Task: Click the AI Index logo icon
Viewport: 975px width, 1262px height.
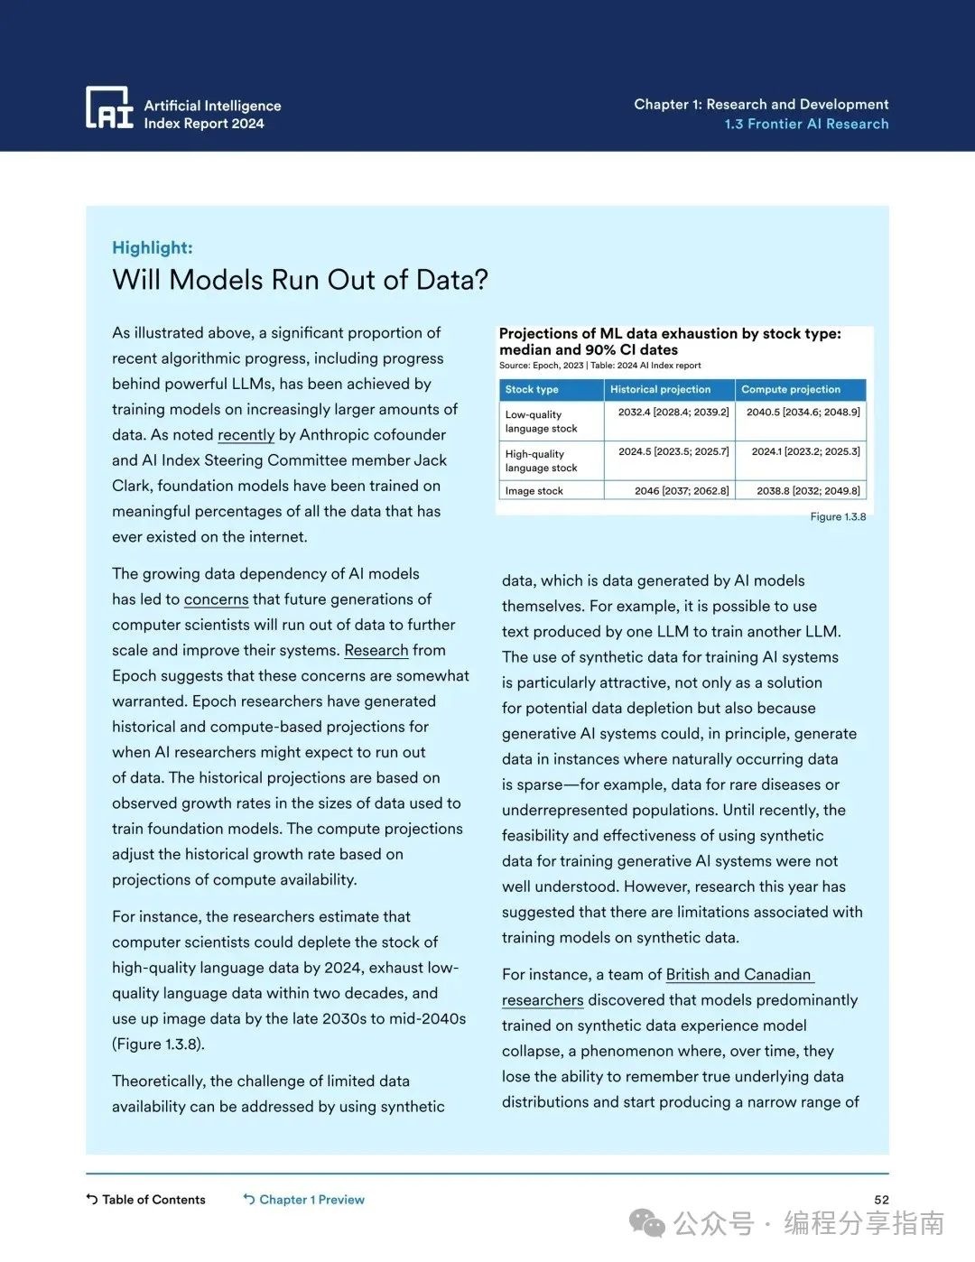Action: click(108, 107)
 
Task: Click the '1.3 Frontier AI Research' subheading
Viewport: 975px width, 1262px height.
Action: click(806, 125)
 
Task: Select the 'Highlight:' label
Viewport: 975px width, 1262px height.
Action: click(153, 248)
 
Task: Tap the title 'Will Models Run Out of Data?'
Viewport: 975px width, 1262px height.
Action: click(300, 280)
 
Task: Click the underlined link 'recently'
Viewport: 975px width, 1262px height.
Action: click(246, 435)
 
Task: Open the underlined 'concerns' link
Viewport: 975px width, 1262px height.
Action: click(216, 599)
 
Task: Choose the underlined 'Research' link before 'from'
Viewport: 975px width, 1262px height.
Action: click(376, 650)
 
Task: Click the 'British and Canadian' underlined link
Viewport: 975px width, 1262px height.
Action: click(738, 975)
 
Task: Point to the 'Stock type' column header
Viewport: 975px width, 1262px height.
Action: click(532, 390)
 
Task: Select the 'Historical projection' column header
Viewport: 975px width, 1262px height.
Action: click(660, 390)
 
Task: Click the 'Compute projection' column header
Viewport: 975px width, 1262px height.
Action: click(791, 390)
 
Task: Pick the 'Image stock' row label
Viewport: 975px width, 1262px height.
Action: click(534, 491)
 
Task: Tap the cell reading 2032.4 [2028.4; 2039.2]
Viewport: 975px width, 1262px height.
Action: click(673, 412)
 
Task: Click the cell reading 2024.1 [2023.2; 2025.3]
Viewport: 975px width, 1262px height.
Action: click(805, 451)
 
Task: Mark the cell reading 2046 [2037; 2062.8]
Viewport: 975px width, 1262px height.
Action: click(682, 491)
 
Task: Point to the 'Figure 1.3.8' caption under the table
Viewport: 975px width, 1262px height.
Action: click(838, 517)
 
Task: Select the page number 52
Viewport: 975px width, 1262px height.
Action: click(881, 1200)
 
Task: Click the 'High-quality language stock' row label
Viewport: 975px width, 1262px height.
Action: click(542, 461)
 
